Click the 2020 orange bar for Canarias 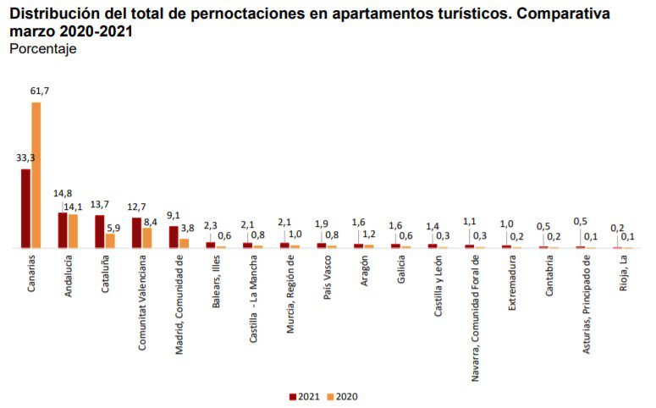[36, 175]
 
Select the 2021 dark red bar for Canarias [25, 208]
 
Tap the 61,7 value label [40, 91]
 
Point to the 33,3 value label [25, 157]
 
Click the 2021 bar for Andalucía [63, 230]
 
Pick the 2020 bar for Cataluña [110, 240]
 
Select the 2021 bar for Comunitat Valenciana [136, 233]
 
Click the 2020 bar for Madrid [184, 243]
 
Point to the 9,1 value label [173, 215]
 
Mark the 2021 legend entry [304, 395]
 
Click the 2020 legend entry [341, 395]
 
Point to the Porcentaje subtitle [42, 48]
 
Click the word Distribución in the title [52, 14]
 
